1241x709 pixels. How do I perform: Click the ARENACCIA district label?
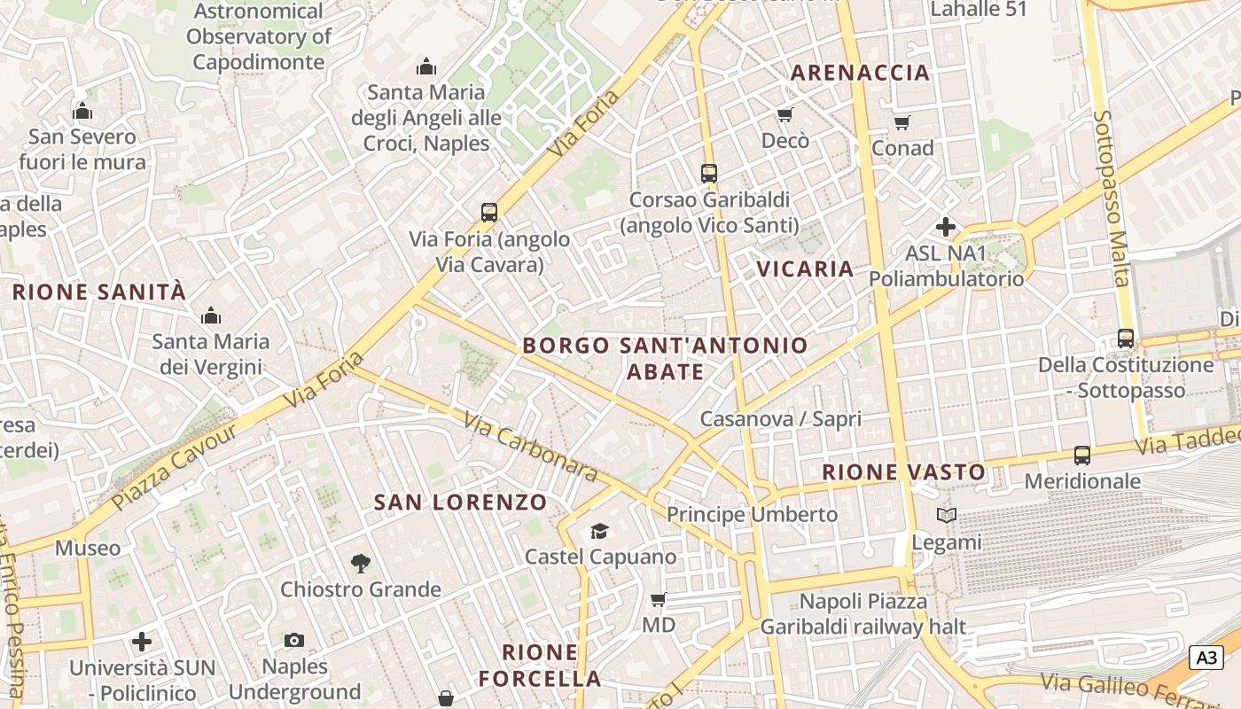click(x=860, y=73)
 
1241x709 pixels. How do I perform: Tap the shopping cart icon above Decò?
click(x=784, y=115)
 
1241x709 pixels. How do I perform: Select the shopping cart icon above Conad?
click(x=901, y=122)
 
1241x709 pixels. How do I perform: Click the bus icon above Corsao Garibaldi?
click(x=708, y=174)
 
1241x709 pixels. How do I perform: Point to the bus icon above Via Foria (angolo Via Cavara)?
click(x=489, y=213)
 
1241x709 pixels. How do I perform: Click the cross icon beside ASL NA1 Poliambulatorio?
click(x=946, y=227)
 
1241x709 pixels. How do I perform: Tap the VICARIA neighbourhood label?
click(x=805, y=269)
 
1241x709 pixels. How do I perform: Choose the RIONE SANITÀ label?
click(x=99, y=292)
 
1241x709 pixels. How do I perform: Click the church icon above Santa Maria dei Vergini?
click(x=211, y=316)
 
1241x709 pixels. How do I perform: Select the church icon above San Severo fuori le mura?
click(x=82, y=111)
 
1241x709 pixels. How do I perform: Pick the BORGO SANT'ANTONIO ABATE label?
click(x=665, y=358)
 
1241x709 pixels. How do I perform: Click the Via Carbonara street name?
click(x=530, y=448)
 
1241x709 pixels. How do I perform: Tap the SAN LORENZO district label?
click(x=460, y=503)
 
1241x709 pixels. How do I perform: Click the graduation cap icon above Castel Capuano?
click(x=600, y=531)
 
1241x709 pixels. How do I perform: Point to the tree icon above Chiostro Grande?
click(x=360, y=563)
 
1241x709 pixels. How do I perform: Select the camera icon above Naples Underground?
click(x=294, y=640)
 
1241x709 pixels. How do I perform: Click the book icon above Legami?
click(x=947, y=515)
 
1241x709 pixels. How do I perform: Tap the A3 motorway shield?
click(x=1206, y=658)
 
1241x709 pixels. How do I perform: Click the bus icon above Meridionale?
click(x=1082, y=456)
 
